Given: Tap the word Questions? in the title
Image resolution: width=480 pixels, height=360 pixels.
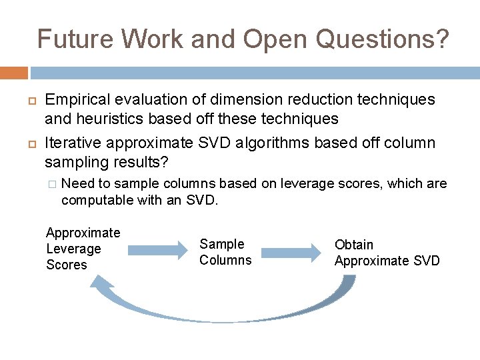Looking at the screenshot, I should pyautogui.click(x=383, y=39).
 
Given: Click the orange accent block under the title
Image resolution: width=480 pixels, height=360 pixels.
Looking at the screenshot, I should pyautogui.click(x=13, y=73).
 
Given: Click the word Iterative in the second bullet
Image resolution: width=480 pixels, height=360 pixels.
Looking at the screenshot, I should pyautogui.click(x=73, y=143).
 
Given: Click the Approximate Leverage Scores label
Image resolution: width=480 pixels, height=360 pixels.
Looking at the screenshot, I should pyautogui.click(x=83, y=249).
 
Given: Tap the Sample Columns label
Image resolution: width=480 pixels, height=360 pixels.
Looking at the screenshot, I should pyautogui.click(x=225, y=252).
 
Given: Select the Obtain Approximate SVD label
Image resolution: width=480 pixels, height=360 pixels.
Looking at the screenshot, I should pyautogui.click(x=387, y=253).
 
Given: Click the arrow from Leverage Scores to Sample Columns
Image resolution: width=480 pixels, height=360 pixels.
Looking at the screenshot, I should pyautogui.click(x=159, y=250).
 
